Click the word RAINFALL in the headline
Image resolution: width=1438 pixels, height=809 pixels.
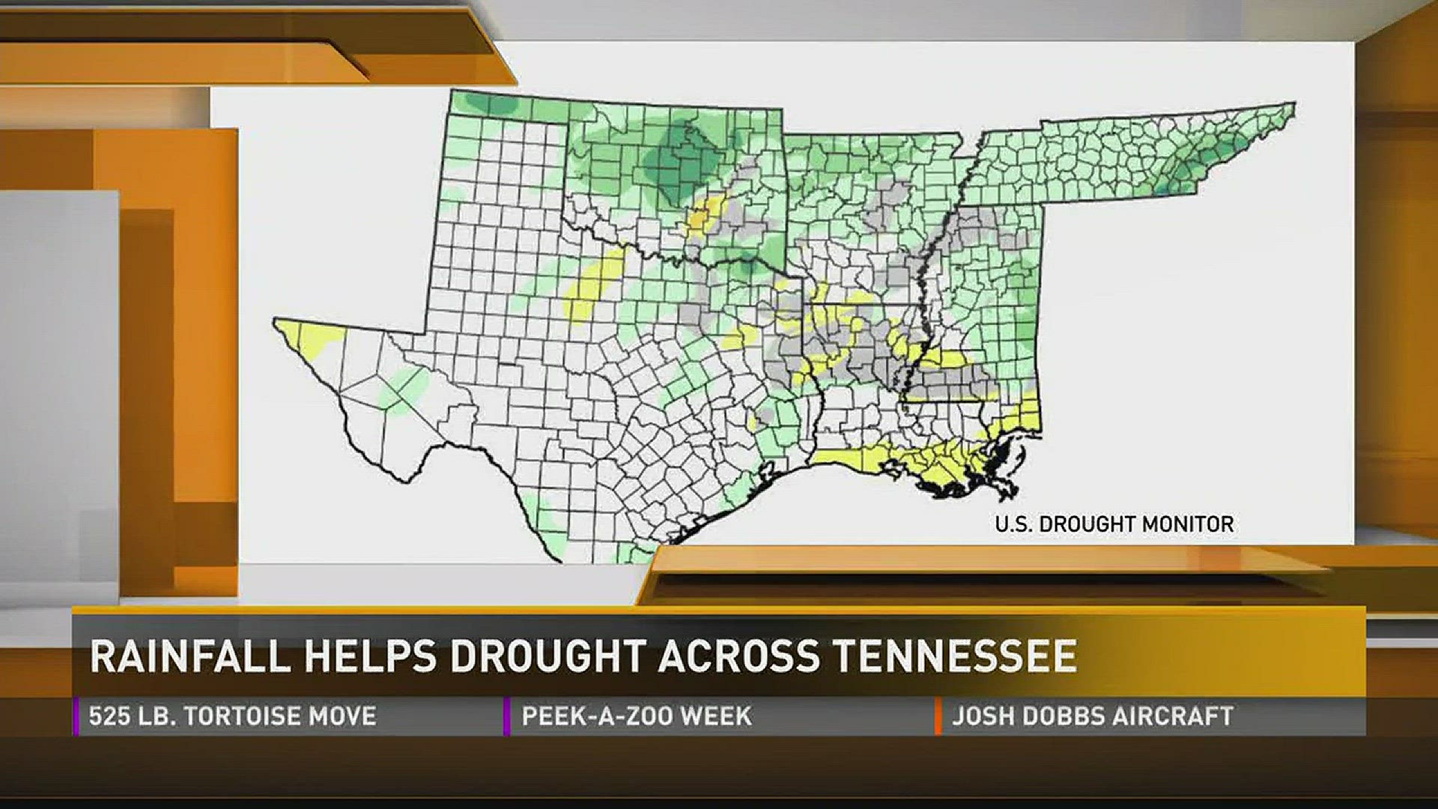pyautogui.click(x=189, y=656)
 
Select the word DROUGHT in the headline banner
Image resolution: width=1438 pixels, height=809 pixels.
pyautogui.click(x=547, y=656)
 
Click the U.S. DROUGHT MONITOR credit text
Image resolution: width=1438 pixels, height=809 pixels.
pyautogui.click(x=1114, y=524)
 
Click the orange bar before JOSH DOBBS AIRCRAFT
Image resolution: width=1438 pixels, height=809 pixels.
pyautogui.click(x=938, y=716)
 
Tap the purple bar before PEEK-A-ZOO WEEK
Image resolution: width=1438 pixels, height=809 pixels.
pyautogui.click(x=507, y=716)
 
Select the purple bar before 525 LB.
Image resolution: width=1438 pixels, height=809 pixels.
pyautogui.click(x=76, y=716)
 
